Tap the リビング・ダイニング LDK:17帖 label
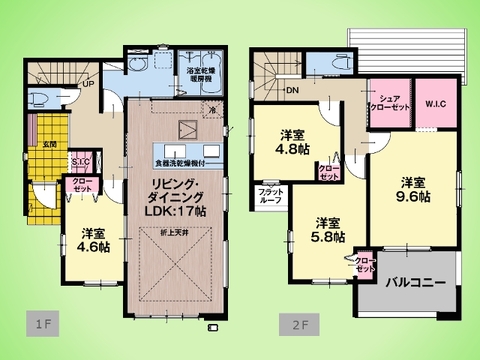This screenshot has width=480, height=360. (180, 190)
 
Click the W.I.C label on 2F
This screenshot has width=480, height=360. (437, 103)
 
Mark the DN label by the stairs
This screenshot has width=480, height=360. (293, 91)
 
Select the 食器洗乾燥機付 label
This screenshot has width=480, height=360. (183, 160)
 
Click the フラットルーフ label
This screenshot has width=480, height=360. (270, 195)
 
